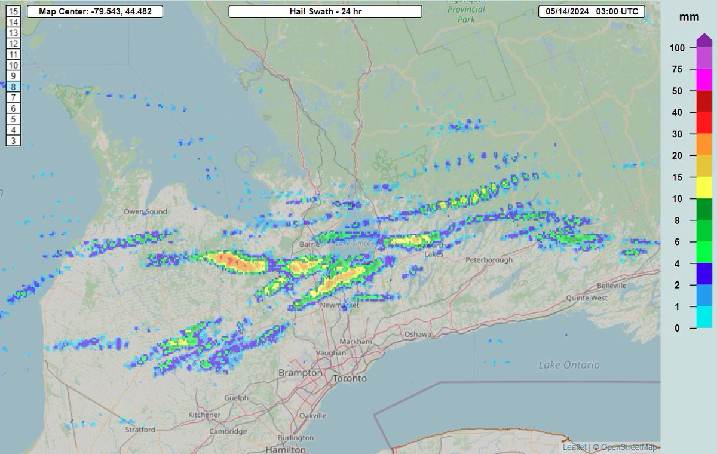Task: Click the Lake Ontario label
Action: pos(569,364)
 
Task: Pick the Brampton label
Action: pos(297,373)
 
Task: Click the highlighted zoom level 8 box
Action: pos(13,87)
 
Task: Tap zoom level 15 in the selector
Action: pos(13,11)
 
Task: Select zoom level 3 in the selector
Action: pos(13,141)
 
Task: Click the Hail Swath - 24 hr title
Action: pos(325,12)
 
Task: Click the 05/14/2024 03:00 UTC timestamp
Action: pos(592,12)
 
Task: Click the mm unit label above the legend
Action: pos(685,17)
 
